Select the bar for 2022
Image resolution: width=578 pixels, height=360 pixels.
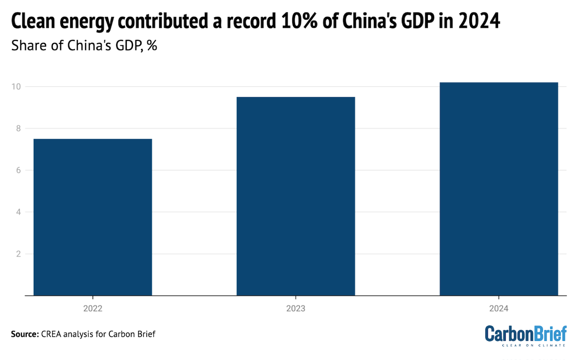[93, 217]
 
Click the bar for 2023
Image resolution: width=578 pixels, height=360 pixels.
[296, 196]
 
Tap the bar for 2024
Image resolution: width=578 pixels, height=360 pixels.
[499, 189]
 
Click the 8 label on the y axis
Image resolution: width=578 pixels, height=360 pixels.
[18, 129]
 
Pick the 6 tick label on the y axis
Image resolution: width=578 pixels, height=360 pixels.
[18, 170]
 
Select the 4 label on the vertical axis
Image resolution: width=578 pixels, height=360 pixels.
[18, 212]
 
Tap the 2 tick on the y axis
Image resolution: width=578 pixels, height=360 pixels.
[18, 254]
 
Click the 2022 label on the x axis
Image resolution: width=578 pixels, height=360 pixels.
[93, 309]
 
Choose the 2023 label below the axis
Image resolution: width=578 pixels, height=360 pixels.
[296, 309]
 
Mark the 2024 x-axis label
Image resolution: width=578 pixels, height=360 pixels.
[499, 309]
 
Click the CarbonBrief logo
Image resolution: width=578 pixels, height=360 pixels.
[525, 334]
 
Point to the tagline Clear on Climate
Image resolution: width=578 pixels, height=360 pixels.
[534, 345]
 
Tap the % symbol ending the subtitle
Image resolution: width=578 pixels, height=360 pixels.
[152, 46]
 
